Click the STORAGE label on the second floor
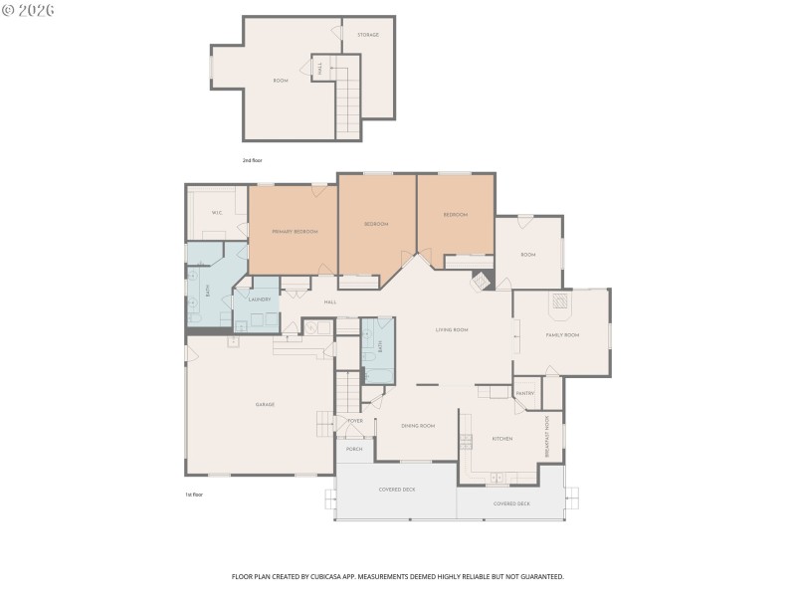tap(368, 35)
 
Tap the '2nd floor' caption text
tap(252, 159)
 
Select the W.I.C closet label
tap(216, 213)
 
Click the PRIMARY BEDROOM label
tap(295, 231)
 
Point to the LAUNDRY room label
tap(260, 298)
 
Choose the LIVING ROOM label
tap(452, 329)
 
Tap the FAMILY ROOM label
tap(562, 335)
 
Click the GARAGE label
tap(265, 404)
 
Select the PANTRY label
tap(525, 393)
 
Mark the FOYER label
tap(355, 421)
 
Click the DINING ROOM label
tap(418, 425)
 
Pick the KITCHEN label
tap(501, 439)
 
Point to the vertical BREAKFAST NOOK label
tap(546, 437)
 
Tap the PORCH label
tap(354, 449)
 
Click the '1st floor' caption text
tap(193, 494)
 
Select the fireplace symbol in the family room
tap(560, 301)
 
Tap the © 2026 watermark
tap(29, 10)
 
